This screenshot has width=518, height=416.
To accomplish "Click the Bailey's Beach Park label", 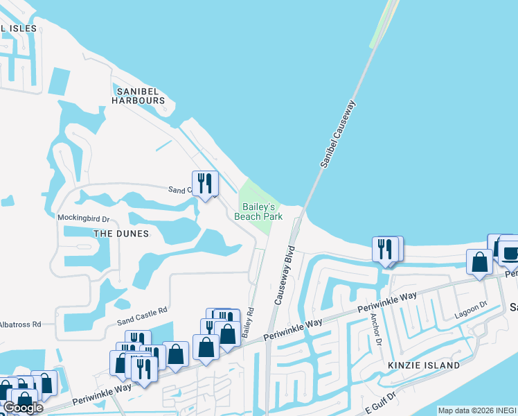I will (258, 211).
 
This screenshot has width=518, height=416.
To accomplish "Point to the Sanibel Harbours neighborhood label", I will (140, 95).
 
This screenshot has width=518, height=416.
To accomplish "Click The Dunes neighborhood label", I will (121, 234).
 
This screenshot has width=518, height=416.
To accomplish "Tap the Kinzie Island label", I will (425, 365).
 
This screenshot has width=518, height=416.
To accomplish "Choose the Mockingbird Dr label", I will (84, 218).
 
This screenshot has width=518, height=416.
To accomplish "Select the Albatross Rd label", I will (21, 324).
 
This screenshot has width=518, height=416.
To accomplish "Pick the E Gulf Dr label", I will (379, 401).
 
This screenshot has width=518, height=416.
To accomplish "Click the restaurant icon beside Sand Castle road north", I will (205, 184).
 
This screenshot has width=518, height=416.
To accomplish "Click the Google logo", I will (22, 408).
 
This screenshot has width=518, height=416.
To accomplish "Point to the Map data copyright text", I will (477, 410).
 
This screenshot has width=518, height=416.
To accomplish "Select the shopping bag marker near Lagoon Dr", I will (479, 263).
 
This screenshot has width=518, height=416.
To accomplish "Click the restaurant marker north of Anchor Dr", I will (385, 249).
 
